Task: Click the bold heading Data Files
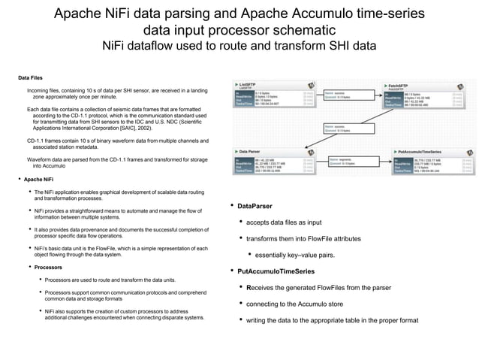(31, 77)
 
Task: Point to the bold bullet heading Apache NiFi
(38, 180)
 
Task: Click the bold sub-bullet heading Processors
(48, 267)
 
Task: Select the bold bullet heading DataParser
(255, 206)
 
